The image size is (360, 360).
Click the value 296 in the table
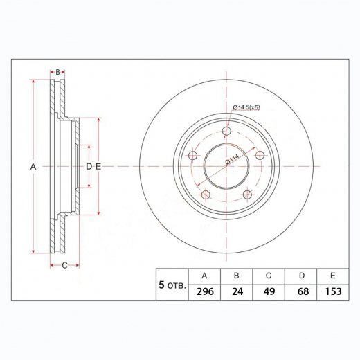coord(205,292)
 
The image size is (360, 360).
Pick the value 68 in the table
coord(302,292)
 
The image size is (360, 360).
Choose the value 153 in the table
coord(334,292)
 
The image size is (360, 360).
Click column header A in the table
coord(205,276)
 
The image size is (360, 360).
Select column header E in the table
coord(334,276)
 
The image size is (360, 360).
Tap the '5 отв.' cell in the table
coord(172,285)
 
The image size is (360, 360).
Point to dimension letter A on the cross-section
coord(33,167)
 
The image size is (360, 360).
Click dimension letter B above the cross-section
coord(58,72)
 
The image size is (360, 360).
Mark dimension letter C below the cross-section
coord(64,265)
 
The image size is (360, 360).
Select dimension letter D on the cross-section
coord(89,167)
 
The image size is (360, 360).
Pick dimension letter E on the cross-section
coord(98,167)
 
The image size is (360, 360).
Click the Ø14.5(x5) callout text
coord(246,107)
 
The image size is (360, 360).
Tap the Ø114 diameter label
coord(233,161)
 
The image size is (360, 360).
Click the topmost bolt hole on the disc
coord(227,131)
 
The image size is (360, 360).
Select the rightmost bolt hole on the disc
coord(261,155)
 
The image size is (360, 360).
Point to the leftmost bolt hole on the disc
coord(193,156)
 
